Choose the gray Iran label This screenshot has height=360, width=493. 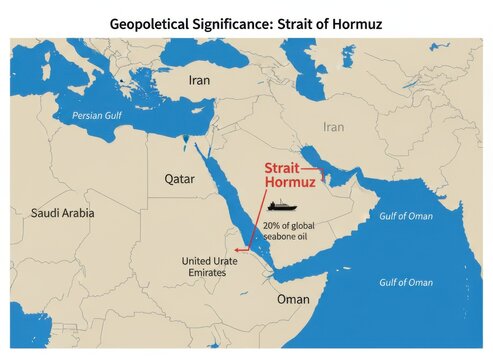point(333,127)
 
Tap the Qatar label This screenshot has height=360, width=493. point(180,179)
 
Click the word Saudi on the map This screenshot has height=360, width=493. point(47,213)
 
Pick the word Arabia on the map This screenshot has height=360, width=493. point(79,213)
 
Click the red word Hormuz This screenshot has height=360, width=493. point(290,184)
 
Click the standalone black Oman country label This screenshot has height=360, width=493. point(293,299)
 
